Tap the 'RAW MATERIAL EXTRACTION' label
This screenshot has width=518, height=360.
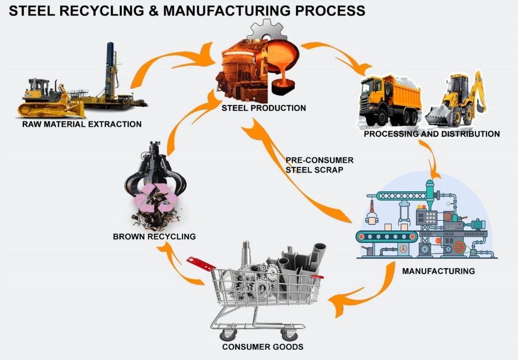(x=82, y=124)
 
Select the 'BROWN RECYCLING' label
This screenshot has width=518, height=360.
(x=154, y=237)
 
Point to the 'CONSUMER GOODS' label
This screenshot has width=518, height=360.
(x=262, y=347)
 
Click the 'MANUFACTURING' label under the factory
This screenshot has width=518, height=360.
(x=438, y=271)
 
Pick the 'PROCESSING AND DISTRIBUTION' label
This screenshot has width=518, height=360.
(x=432, y=134)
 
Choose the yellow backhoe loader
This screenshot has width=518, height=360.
(x=456, y=101)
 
